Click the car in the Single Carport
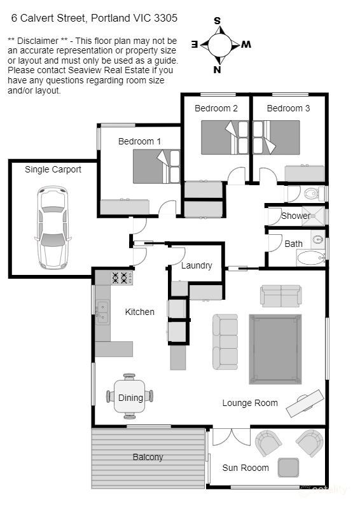point(52,227)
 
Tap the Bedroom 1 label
point(139,141)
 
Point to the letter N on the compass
point(217,70)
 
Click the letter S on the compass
point(217,20)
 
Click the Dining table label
point(130,398)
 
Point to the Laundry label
point(197,265)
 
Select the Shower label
point(296,216)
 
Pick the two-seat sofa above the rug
point(280,295)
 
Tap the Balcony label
point(148,457)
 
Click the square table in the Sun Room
point(289,468)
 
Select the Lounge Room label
point(250,403)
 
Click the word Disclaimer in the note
point(38,41)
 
